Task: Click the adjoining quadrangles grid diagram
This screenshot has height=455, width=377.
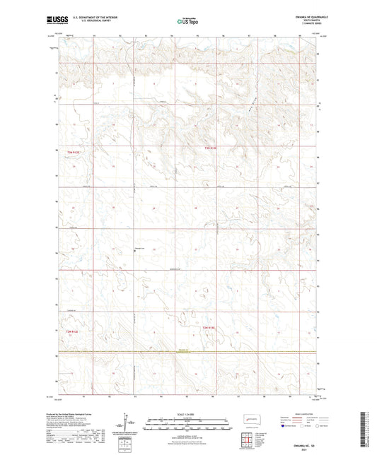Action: coord(249,437)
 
